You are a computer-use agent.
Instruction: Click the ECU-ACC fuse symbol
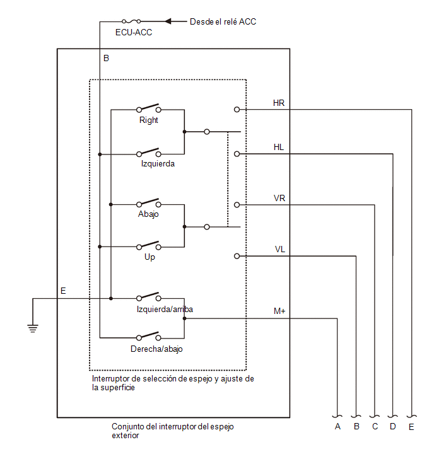131,21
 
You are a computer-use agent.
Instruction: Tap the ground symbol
33,328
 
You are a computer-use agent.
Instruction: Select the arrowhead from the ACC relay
168,21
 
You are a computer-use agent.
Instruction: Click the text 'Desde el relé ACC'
223,21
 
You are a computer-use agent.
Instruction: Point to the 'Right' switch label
148,120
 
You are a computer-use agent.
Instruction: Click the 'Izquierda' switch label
158,164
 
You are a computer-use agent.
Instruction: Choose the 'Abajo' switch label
148,214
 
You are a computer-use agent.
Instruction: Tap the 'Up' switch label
150,257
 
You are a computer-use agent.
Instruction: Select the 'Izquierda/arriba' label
165,309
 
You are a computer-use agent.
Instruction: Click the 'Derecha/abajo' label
156,349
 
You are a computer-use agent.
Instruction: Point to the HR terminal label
278,103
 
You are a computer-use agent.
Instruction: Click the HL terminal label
278,148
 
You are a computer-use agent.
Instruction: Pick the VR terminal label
279,198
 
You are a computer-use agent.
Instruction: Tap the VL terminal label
279,249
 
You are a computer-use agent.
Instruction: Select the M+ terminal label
279,311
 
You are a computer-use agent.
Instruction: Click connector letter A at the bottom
337,427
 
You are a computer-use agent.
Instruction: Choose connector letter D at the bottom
393,427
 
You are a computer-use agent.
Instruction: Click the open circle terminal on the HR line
237,109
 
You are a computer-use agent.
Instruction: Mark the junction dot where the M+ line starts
184,318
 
